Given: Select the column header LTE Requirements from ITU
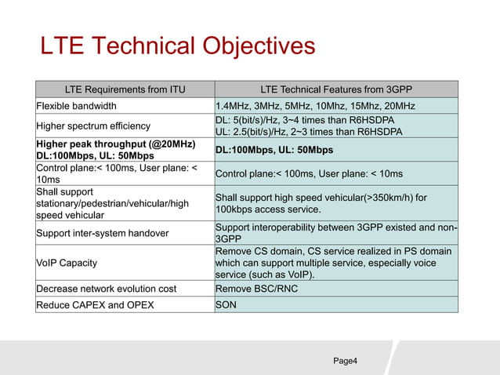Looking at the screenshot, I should point(125,89).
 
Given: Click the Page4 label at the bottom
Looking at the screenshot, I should point(346,360).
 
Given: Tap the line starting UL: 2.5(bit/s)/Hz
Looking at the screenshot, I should point(308,132).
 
